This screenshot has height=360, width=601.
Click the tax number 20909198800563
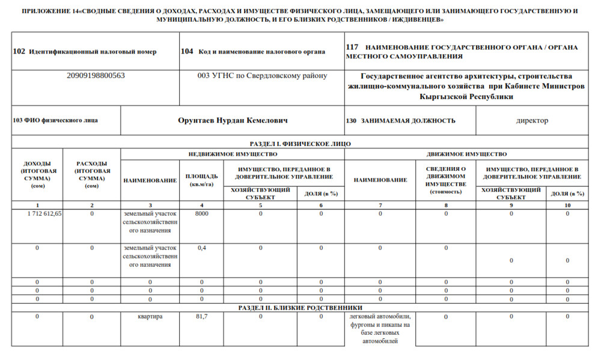click(96, 76)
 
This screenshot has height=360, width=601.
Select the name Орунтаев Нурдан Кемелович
click(233, 121)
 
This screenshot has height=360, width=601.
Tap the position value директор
click(532, 121)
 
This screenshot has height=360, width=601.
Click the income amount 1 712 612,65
click(44, 214)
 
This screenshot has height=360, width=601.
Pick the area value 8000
click(202, 214)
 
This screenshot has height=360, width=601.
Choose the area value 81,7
click(202, 316)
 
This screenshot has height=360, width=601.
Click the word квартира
click(150, 316)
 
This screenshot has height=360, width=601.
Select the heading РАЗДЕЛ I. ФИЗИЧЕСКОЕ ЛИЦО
click(300, 144)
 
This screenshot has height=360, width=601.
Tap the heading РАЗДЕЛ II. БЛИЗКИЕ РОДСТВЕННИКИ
click(300, 308)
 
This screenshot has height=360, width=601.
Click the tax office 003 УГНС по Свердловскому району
click(262, 76)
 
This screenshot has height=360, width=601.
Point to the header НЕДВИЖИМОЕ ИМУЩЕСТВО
click(233, 154)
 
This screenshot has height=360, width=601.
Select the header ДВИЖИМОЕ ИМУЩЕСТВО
click(466, 154)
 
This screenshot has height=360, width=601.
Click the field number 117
click(352, 47)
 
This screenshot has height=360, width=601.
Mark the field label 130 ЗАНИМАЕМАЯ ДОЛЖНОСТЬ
click(400, 121)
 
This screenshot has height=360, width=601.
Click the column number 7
click(380, 205)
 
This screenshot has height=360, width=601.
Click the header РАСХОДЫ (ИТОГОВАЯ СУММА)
click(92, 174)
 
